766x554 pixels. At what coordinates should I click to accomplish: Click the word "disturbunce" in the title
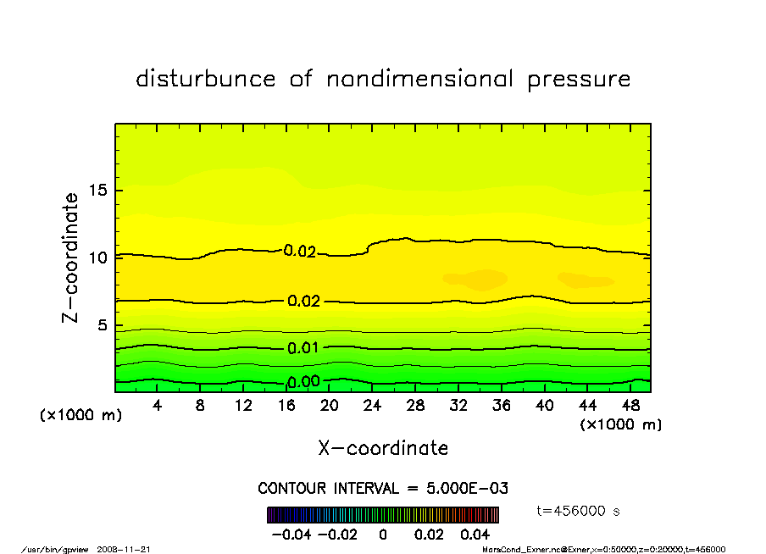click(x=206, y=79)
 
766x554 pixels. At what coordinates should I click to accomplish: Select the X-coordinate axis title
click(x=383, y=448)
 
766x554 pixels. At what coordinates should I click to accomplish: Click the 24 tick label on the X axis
click(x=372, y=406)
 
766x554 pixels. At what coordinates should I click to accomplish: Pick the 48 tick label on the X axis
click(x=630, y=406)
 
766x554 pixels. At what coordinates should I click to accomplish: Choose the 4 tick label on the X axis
click(x=157, y=406)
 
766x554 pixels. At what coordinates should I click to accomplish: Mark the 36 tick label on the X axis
click(x=502, y=406)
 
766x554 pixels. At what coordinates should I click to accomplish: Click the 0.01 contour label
click(x=303, y=348)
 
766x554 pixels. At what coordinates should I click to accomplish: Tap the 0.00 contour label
click(x=303, y=381)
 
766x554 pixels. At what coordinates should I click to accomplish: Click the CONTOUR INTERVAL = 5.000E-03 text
click(x=383, y=489)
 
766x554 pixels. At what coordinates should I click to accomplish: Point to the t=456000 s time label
click(x=580, y=511)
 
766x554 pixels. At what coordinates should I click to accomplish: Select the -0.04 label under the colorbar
click(x=286, y=535)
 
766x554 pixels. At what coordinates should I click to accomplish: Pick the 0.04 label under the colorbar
click(x=475, y=535)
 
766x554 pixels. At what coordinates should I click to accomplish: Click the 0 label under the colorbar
click(x=383, y=535)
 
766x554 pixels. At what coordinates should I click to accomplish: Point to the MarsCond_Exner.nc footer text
click(x=518, y=549)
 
